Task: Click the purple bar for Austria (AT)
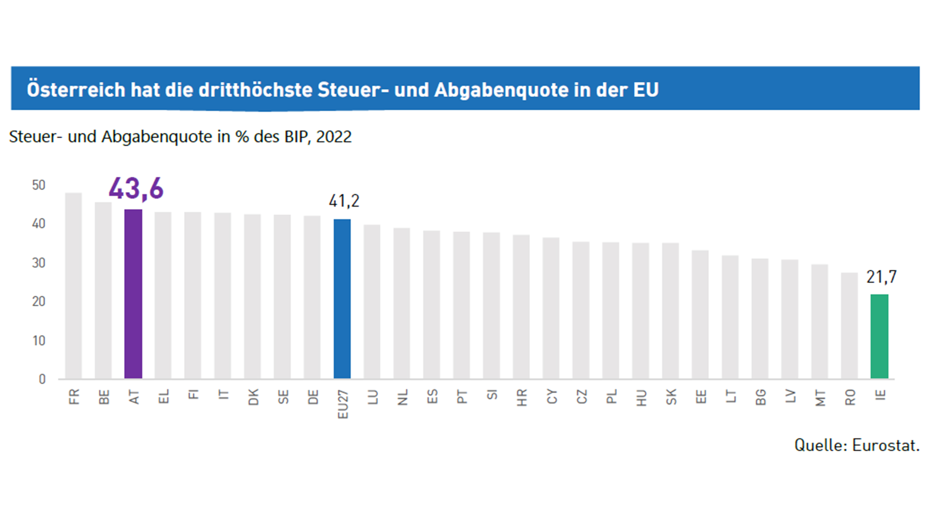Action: click(133, 294)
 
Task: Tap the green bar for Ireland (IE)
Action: click(879, 337)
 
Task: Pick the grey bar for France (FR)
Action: click(73, 286)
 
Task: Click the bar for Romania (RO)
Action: click(849, 326)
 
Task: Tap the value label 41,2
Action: click(344, 201)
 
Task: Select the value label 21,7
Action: click(881, 277)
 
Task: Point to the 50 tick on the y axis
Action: click(39, 185)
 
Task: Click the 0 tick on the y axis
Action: click(42, 379)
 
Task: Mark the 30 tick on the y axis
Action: click(39, 263)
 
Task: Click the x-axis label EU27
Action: click(343, 404)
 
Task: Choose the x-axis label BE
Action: click(104, 397)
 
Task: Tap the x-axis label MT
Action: click(820, 398)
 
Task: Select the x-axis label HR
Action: click(522, 397)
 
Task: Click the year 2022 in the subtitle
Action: click(334, 137)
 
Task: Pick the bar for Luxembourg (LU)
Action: click(372, 302)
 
